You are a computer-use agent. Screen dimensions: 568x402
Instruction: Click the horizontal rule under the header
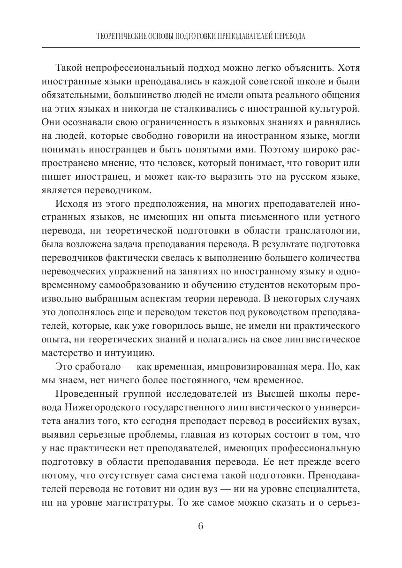click(201, 48)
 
